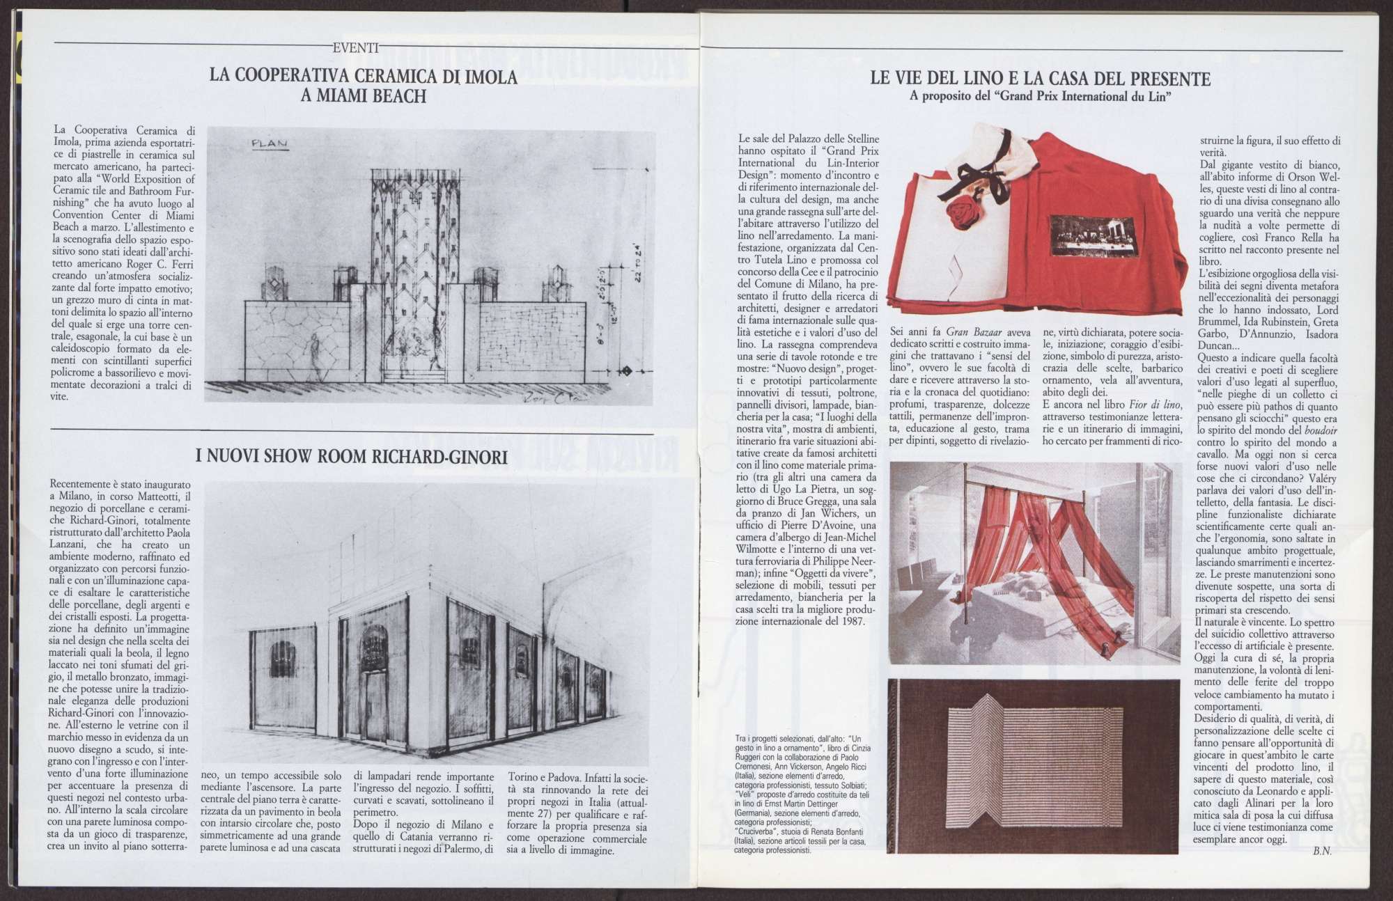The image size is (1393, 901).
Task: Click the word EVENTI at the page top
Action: tap(356, 48)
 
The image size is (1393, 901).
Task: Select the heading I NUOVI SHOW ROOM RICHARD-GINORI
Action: tap(351, 457)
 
